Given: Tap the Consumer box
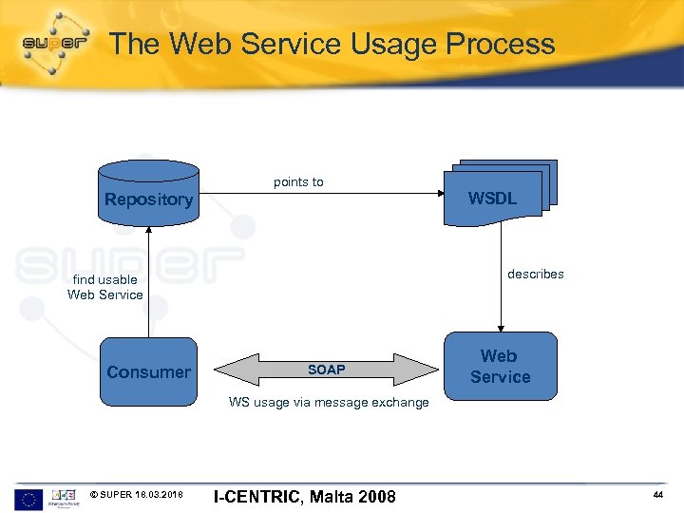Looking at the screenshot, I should (x=148, y=371).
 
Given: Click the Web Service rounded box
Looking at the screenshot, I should (x=500, y=367).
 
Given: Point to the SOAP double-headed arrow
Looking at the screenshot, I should (x=326, y=370).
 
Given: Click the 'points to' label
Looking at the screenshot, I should (x=298, y=181).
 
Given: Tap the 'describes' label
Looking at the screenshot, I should (x=535, y=274).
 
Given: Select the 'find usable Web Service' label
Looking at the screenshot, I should (x=105, y=287).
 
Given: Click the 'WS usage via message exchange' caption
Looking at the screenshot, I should (x=329, y=402).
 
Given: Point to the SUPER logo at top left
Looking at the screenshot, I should (x=54, y=43).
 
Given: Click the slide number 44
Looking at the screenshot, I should (x=657, y=496).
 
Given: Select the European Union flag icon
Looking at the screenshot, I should (x=28, y=498).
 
